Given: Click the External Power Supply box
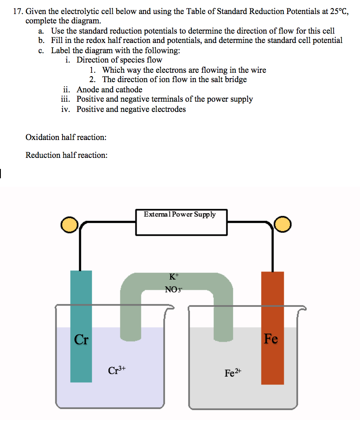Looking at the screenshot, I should pos(181,222).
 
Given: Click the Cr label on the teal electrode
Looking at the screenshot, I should pos(81,340).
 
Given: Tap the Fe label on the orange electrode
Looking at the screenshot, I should pos(271,339).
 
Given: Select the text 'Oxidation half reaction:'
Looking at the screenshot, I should pos(66,137).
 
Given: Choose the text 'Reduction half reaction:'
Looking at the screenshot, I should pos(66,155).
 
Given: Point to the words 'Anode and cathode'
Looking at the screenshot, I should pos(109,90).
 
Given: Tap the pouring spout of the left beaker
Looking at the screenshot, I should pos(171,307).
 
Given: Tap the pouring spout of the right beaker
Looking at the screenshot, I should pos(303,307).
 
